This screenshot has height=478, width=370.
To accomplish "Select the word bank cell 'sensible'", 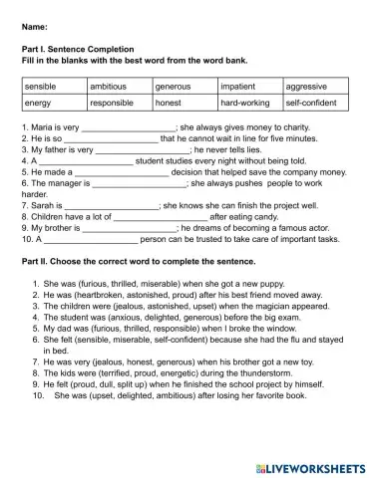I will pos(40,87).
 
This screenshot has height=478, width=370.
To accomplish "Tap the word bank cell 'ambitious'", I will pos(109,87).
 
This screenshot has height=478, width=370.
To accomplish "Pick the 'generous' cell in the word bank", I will pos(174,87).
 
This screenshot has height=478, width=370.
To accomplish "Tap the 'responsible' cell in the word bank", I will pos(112,103).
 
